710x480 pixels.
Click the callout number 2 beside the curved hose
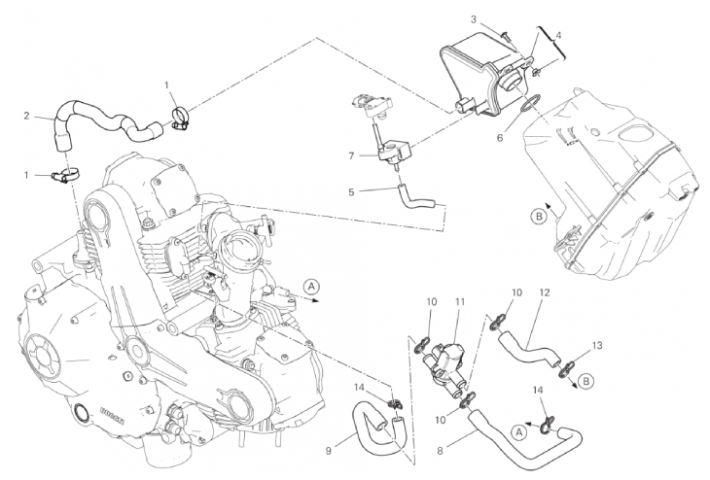pyautogui.click(x=26, y=116)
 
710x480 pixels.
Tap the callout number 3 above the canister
pyautogui.click(x=474, y=19)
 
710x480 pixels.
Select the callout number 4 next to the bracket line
pyautogui.click(x=558, y=35)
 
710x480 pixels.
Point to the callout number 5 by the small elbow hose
pyautogui.click(x=351, y=191)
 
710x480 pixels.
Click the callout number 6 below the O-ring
pyautogui.click(x=500, y=138)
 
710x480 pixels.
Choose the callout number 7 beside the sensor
pyautogui.click(x=351, y=155)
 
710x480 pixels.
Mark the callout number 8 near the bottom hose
pyautogui.click(x=440, y=451)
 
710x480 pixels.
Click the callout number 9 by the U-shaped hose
pyautogui.click(x=329, y=451)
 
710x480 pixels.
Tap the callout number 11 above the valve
pyautogui.click(x=460, y=302)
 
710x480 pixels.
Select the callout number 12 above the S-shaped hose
pyautogui.click(x=545, y=292)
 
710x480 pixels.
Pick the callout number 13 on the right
pyautogui.click(x=597, y=346)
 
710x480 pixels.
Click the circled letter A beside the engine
pyautogui.click(x=311, y=287)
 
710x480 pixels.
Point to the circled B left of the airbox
pyautogui.click(x=539, y=217)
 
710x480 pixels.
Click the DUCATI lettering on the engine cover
pyautogui.click(x=111, y=415)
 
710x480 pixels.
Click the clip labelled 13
pyautogui.click(x=565, y=368)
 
